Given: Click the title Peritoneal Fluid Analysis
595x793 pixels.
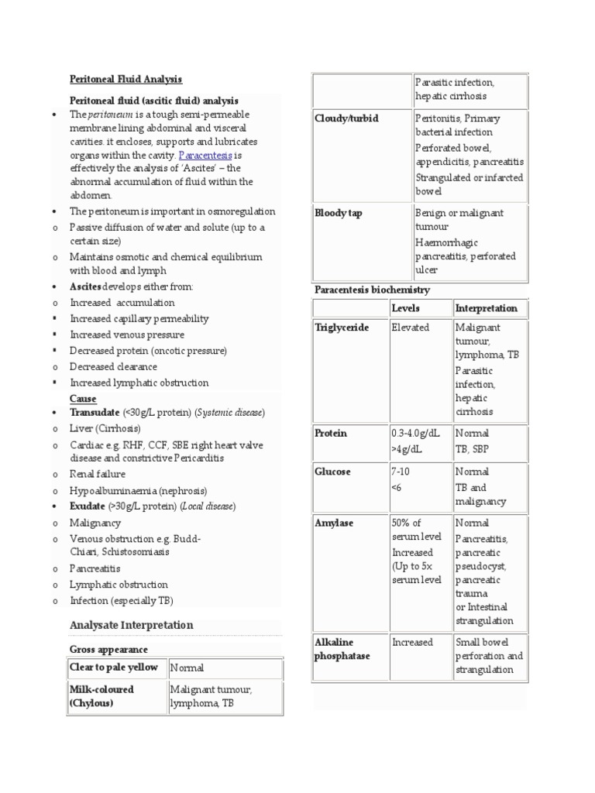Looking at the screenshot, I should (126, 80).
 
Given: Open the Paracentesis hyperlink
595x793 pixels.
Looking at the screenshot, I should (199, 154).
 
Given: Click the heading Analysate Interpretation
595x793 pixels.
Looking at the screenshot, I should (131, 625).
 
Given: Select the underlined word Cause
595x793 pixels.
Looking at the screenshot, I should (83, 398).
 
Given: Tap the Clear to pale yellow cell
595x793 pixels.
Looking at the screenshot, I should (114, 667).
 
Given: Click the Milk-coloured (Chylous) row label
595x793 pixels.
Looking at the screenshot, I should (102, 695).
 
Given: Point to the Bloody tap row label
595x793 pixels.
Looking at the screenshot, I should (339, 213).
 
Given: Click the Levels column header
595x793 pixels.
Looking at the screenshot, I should (406, 308).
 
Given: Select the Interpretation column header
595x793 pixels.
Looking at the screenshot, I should (486, 308).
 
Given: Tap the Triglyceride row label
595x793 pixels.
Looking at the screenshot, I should (342, 328).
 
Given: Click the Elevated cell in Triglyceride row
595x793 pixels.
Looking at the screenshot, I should (411, 328).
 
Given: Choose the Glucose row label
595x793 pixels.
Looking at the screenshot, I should (332, 472).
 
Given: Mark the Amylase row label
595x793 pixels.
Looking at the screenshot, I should (334, 523).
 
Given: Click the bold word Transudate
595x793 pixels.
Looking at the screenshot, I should (95, 413).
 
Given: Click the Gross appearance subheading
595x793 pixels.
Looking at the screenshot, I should (108, 649).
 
